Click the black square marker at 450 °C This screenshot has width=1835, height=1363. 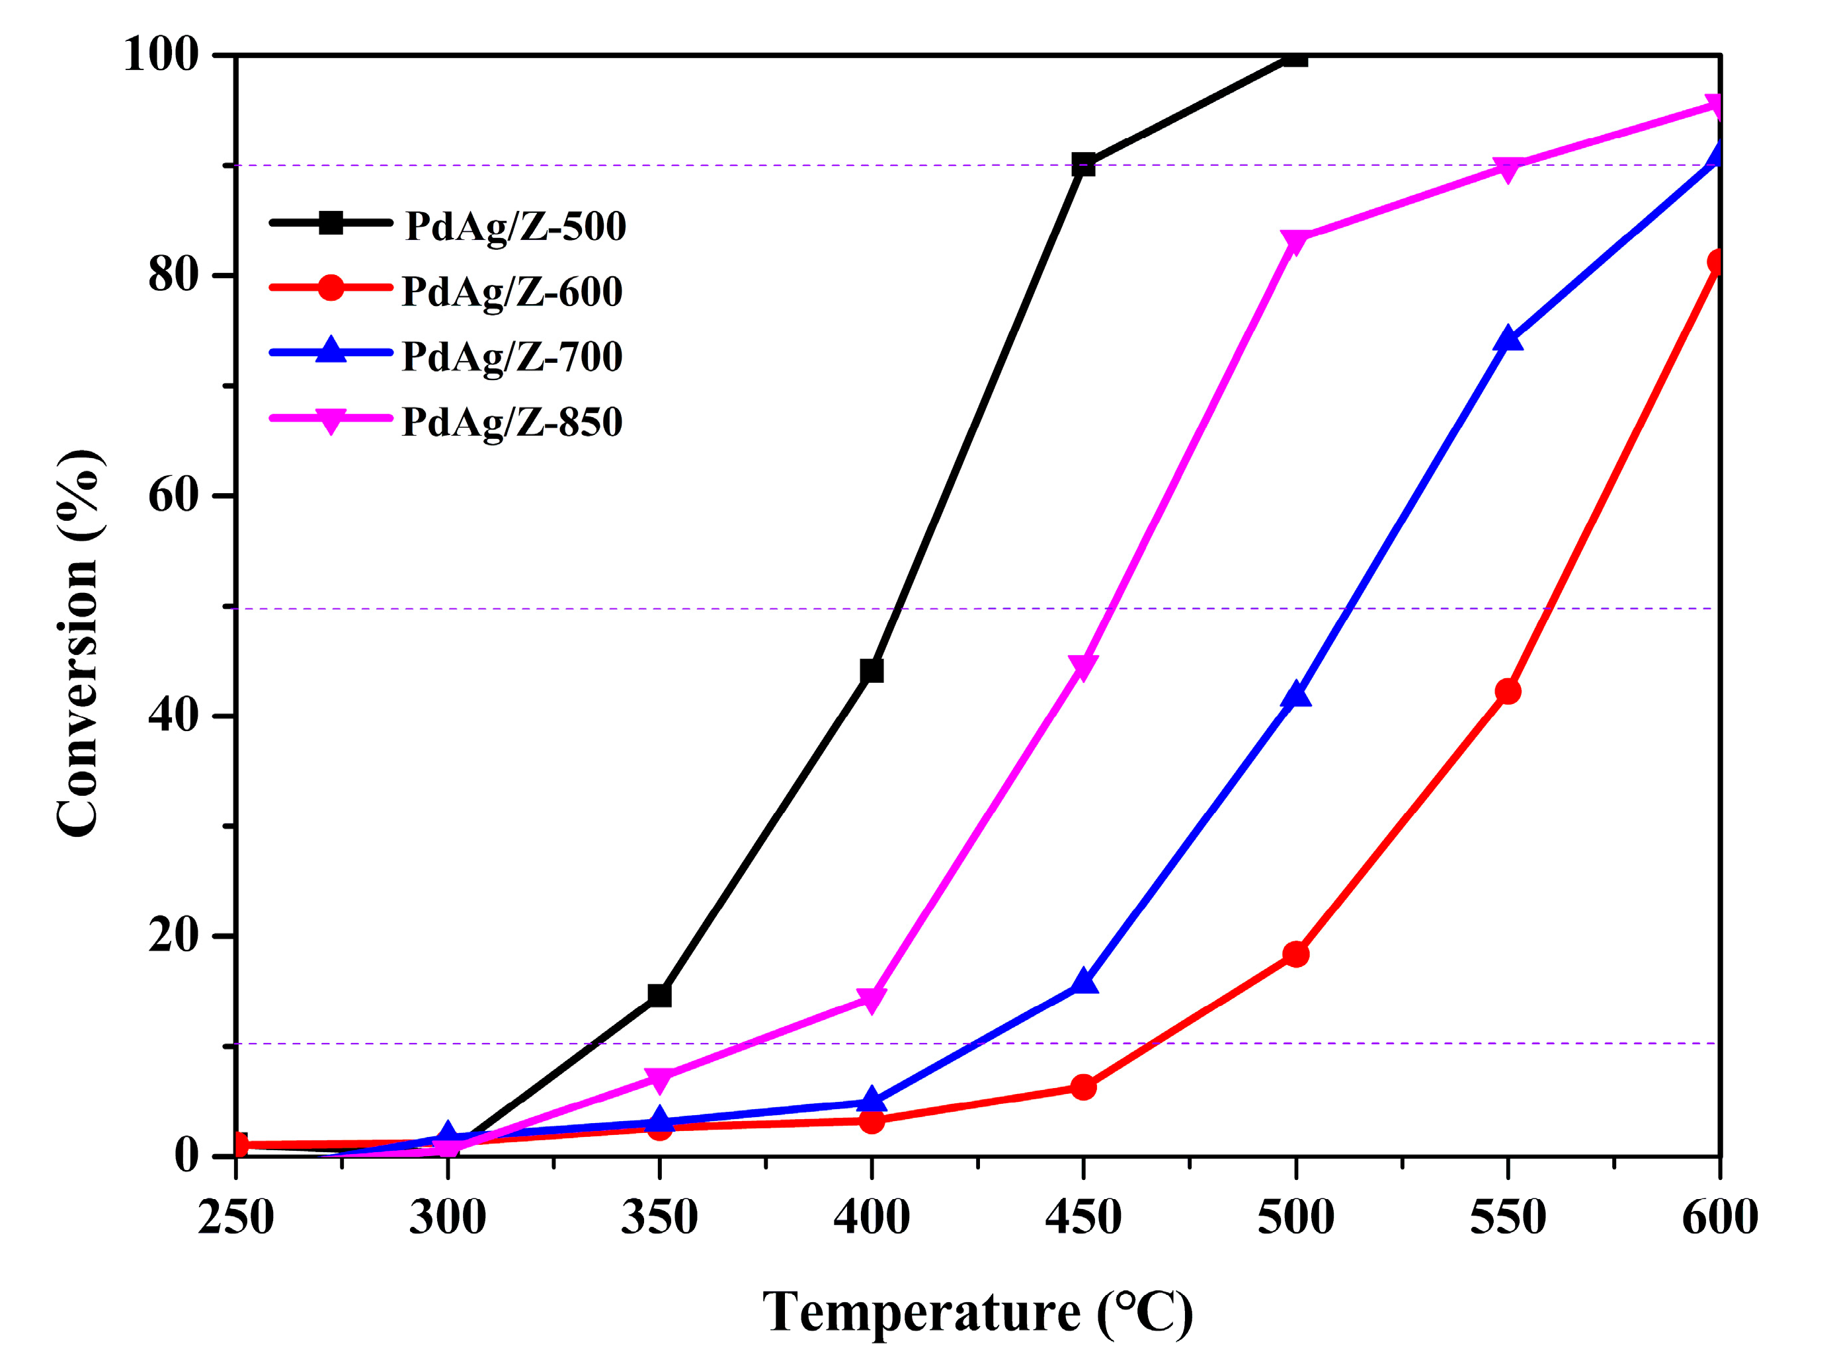click(x=1083, y=164)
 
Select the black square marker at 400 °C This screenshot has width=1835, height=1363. click(x=871, y=671)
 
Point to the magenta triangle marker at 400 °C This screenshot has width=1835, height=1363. click(x=871, y=1000)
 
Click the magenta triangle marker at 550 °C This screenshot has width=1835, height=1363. click(x=1507, y=169)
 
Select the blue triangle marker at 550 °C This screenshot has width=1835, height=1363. click(x=1507, y=339)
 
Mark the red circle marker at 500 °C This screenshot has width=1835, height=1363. click(x=1295, y=954)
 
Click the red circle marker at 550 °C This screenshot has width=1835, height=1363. click(x=1507, y=691)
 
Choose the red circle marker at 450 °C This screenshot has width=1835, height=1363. click(x=1083, y=1087)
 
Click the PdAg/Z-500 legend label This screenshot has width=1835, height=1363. click(x=515, y=226)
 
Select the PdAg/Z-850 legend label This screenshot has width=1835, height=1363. click(x=512, y=422)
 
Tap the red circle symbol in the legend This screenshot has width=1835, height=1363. click(x=330, y=288)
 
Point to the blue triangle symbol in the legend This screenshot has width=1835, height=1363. click(x=330, y=350)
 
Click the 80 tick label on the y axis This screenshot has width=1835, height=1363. click(x=173, y=275)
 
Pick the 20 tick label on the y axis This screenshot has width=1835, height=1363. click(x=173, y=935)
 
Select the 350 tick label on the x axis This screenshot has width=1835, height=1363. click(x=659, y=1217)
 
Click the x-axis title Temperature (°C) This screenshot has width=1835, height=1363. click(x=977, y=1312)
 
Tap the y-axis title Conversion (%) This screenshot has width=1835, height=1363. click(x=79, y=644)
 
